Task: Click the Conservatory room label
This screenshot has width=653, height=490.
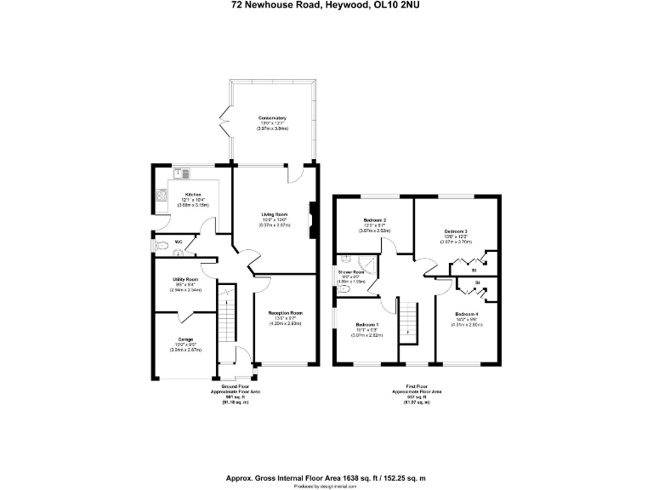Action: click(272, 117)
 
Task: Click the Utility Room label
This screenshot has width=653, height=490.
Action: click(185, 279)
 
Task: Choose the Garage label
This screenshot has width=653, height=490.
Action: click(185, 339)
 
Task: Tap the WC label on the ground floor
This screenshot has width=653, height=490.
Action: click(179, 242)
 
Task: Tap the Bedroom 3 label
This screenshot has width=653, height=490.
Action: click(455, 231)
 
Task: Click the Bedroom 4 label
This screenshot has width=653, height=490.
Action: click(466, 314)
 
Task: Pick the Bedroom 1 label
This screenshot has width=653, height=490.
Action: click(367, 325)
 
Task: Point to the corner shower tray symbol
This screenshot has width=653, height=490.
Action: click(346, 261)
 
